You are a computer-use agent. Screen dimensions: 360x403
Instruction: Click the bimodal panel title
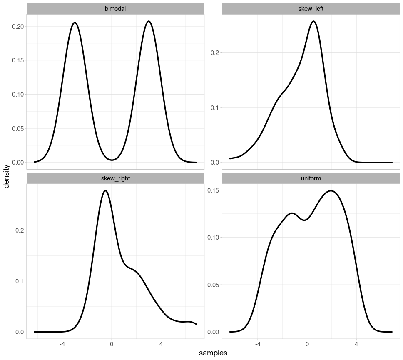pyautogui.click(x=115, y=9)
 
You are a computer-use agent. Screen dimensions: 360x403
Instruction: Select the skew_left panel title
pyautogui.click(x=311, y=9)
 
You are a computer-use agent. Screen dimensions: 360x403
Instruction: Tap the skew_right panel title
pyautogui.click(x=115, y=178)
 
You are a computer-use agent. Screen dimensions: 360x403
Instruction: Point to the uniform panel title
pyautogui.click(x=311, y=178)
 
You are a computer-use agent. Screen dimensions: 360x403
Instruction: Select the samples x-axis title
pyautogui.click(x=213, y=353)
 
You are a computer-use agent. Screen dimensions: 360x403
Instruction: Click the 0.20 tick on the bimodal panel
pyautogui.click(x=17, y=27)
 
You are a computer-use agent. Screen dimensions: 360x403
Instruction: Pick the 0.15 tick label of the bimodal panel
pyautogui.click(x=17, y=60)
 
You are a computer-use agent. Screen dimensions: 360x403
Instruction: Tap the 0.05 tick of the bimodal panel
pyautogui.click(x=17, y=128)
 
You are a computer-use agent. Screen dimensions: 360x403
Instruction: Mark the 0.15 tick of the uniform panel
pyautogui.click(x=214, y=190)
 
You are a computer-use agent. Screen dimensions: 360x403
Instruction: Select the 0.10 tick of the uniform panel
pyautogui.click(x=214, y=237)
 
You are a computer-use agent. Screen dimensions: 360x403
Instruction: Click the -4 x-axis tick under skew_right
pyautogui.click(x=62, y=345)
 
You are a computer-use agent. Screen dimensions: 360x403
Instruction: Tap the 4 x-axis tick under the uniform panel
pyautogui.click(x=356, y=345)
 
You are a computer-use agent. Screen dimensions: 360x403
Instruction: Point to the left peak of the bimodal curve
pyautogui.click(x=75, y=22)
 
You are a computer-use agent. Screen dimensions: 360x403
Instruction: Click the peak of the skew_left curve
pyautogui.click(x=313, y=21)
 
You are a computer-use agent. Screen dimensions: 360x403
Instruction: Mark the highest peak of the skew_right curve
pyautogui.click(x=105, y=191)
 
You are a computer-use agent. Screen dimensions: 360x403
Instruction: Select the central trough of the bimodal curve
pyautogui.click(x=112, y=160)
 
